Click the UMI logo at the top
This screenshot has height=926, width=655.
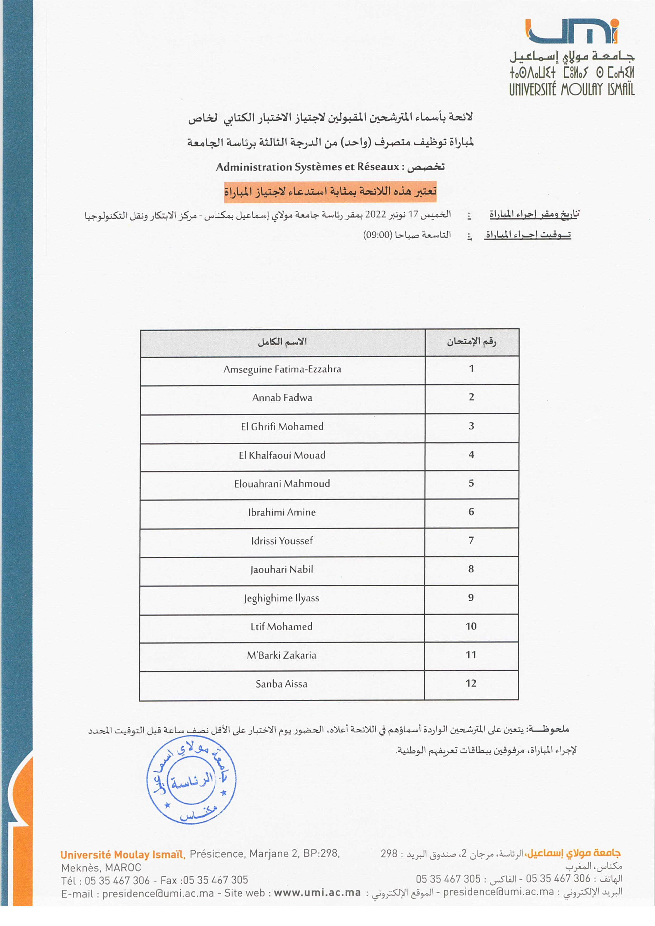coord(572,31)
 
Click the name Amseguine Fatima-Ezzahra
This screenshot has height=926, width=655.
coord(282,369)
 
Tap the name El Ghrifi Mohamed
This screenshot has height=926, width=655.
coord(282,427)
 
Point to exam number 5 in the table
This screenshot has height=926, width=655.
coord(471,483)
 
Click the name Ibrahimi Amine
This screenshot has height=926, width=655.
coord(282,512)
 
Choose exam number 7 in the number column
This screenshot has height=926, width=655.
coord(471,541)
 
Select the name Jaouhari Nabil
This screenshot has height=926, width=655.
coord(282,570)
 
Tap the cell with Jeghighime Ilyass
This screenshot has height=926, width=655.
coord(282,598)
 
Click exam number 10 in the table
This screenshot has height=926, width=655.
coord(471,626)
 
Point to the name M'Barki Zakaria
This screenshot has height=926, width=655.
coord(282,655)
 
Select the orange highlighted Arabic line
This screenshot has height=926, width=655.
coord(330,192)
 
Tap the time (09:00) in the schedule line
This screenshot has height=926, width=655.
coord(378,235)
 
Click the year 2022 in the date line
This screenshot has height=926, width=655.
coord(376,214)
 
